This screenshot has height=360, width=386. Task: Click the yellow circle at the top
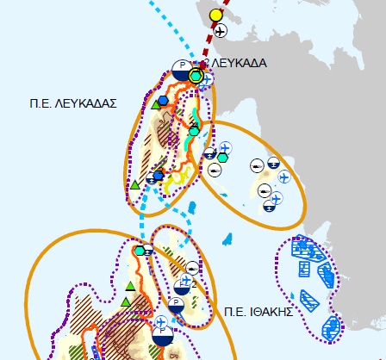(215, 15)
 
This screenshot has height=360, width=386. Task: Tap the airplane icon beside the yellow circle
(220, 32)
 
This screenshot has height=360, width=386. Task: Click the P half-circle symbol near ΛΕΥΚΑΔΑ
(181, 69)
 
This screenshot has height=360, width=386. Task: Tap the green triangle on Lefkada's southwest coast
(135, 184)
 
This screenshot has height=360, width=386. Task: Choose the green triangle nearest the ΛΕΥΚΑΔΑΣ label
(156, 105)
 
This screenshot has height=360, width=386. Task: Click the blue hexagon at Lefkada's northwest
(164, 102)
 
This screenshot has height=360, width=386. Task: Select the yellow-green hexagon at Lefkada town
(196, 77)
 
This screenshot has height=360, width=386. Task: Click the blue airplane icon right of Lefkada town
(208, 78)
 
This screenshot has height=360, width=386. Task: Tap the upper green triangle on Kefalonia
(129, 286)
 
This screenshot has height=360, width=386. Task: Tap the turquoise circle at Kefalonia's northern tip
(139, 251)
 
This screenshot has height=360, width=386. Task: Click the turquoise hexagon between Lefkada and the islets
(222, 157)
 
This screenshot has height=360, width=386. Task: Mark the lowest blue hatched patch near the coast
(329, 326)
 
